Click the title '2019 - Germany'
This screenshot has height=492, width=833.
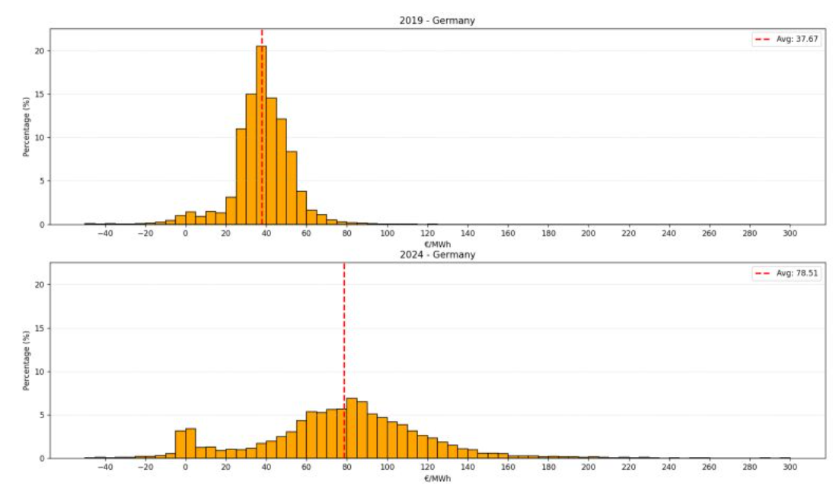point(437,21)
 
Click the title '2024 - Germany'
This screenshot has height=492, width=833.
point(437,254)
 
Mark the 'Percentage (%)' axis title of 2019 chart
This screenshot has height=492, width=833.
point(26,126)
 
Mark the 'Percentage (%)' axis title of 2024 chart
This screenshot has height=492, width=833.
point(26,360)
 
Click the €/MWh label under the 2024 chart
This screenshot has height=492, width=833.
point(437,479)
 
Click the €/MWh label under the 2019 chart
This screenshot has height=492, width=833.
point(437,244)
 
